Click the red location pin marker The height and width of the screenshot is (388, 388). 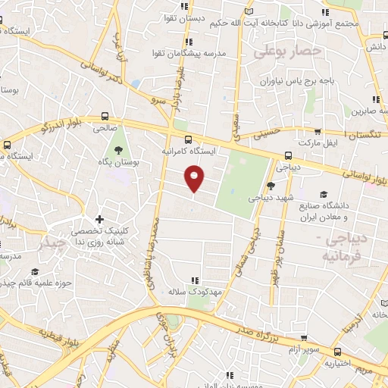[x=196, y=179]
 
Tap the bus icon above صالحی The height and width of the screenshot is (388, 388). [x=105, y=117]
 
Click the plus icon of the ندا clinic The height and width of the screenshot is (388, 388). [x=99, y=219]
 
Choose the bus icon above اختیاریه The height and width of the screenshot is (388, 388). [x=337, y=351]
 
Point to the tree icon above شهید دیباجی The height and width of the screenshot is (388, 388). [x=271, y=186]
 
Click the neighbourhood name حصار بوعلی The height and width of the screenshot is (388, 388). [x=288, y=52]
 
